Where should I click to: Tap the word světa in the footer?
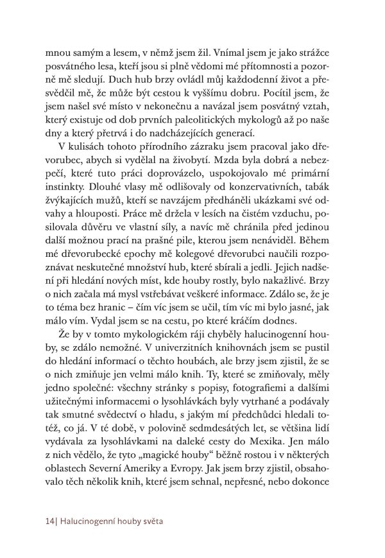(x=152, y=521)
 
